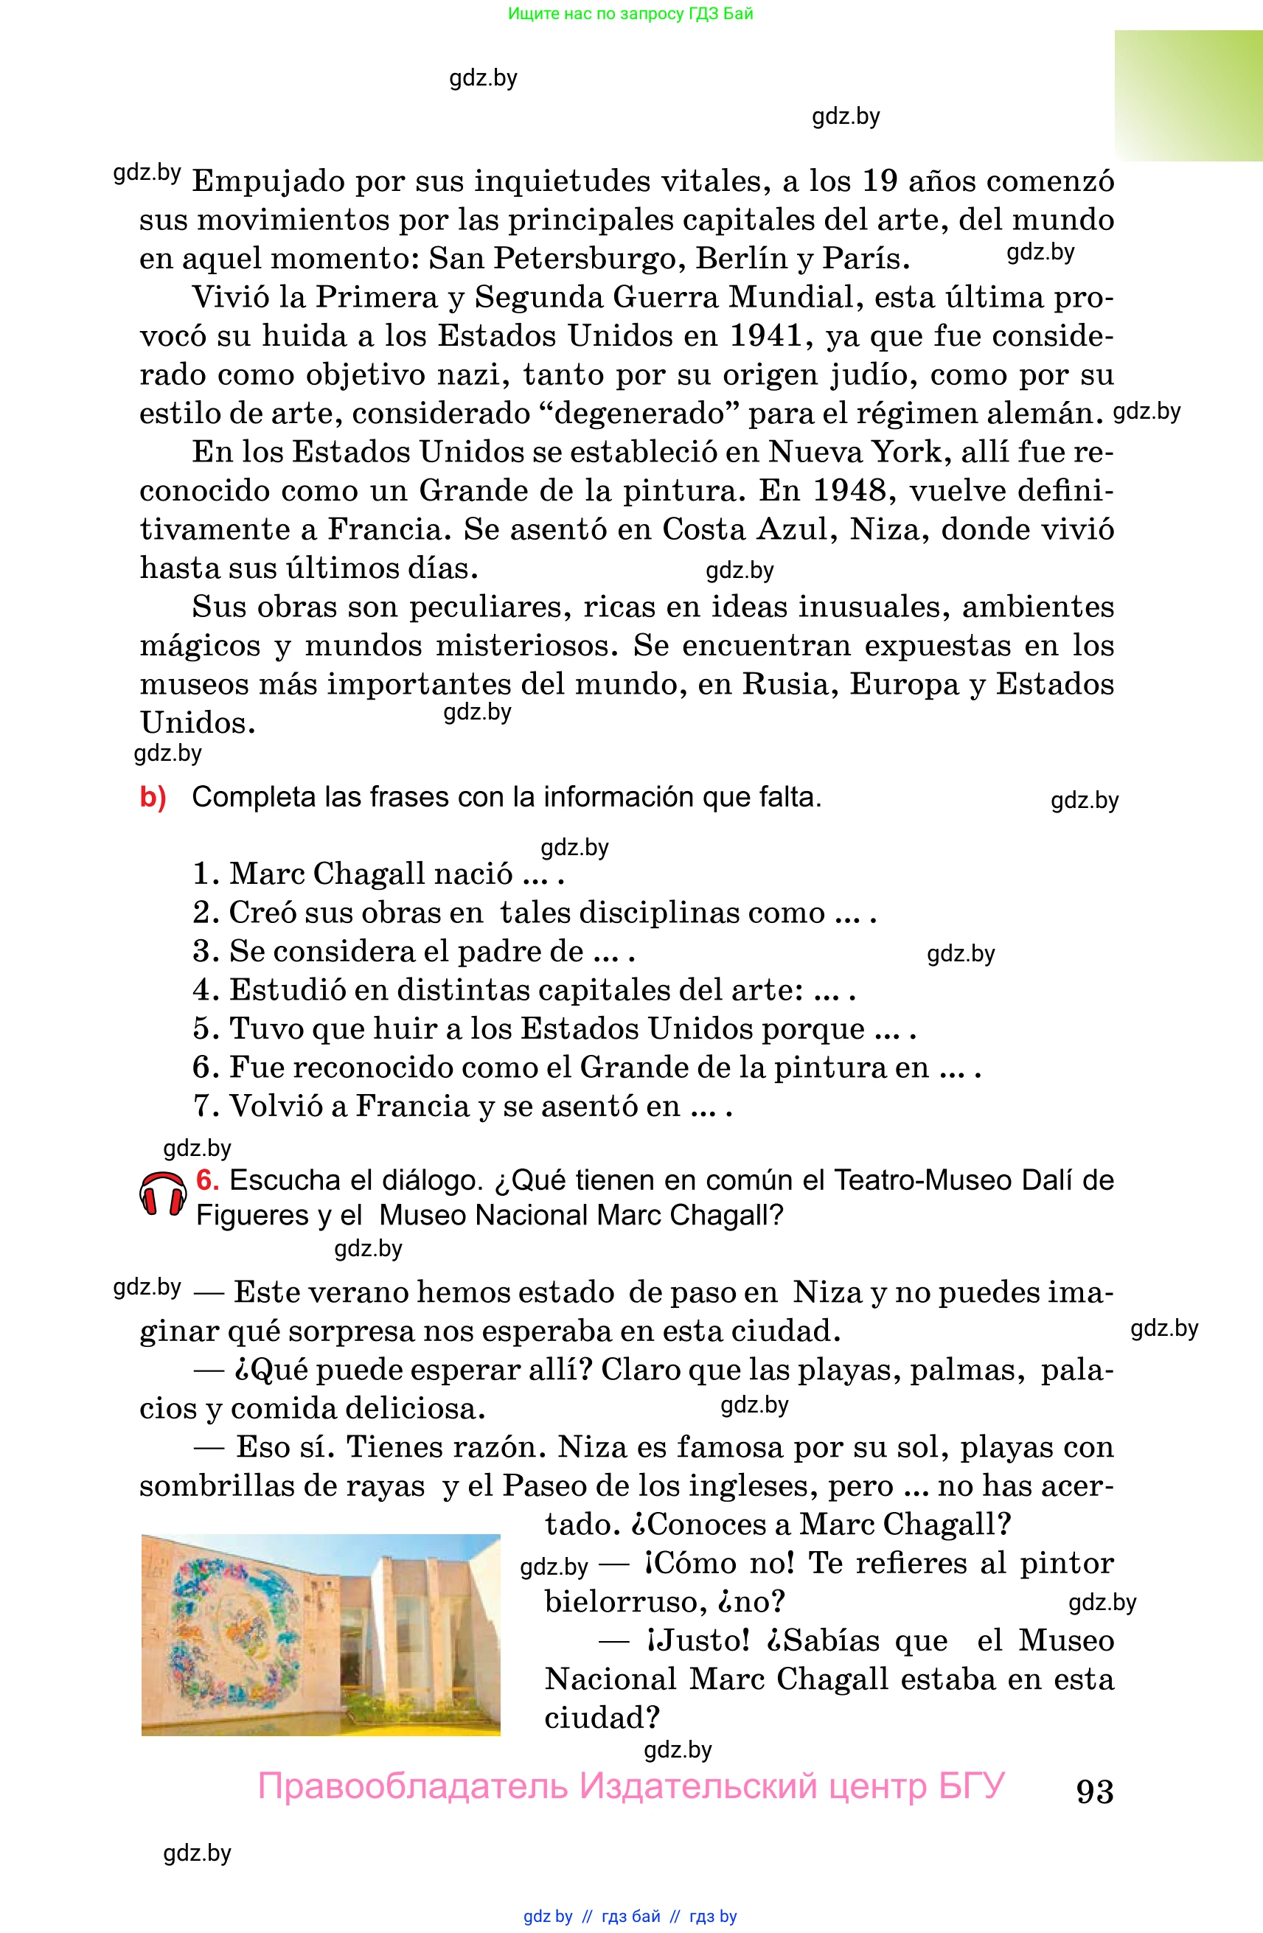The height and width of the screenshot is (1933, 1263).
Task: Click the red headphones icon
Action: point(162,1194)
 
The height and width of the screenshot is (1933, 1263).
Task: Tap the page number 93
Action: point(1094,1791)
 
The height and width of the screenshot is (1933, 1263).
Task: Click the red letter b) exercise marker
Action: point(153,797)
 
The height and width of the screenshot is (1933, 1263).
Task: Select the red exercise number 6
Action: point(207,1180)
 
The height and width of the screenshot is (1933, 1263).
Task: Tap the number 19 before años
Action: point(879,181)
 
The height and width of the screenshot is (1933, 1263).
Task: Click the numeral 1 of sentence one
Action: point(201,874)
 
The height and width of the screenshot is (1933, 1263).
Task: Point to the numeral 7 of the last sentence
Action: point(201,1106)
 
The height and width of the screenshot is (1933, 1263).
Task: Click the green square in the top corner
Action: point(1188,95)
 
